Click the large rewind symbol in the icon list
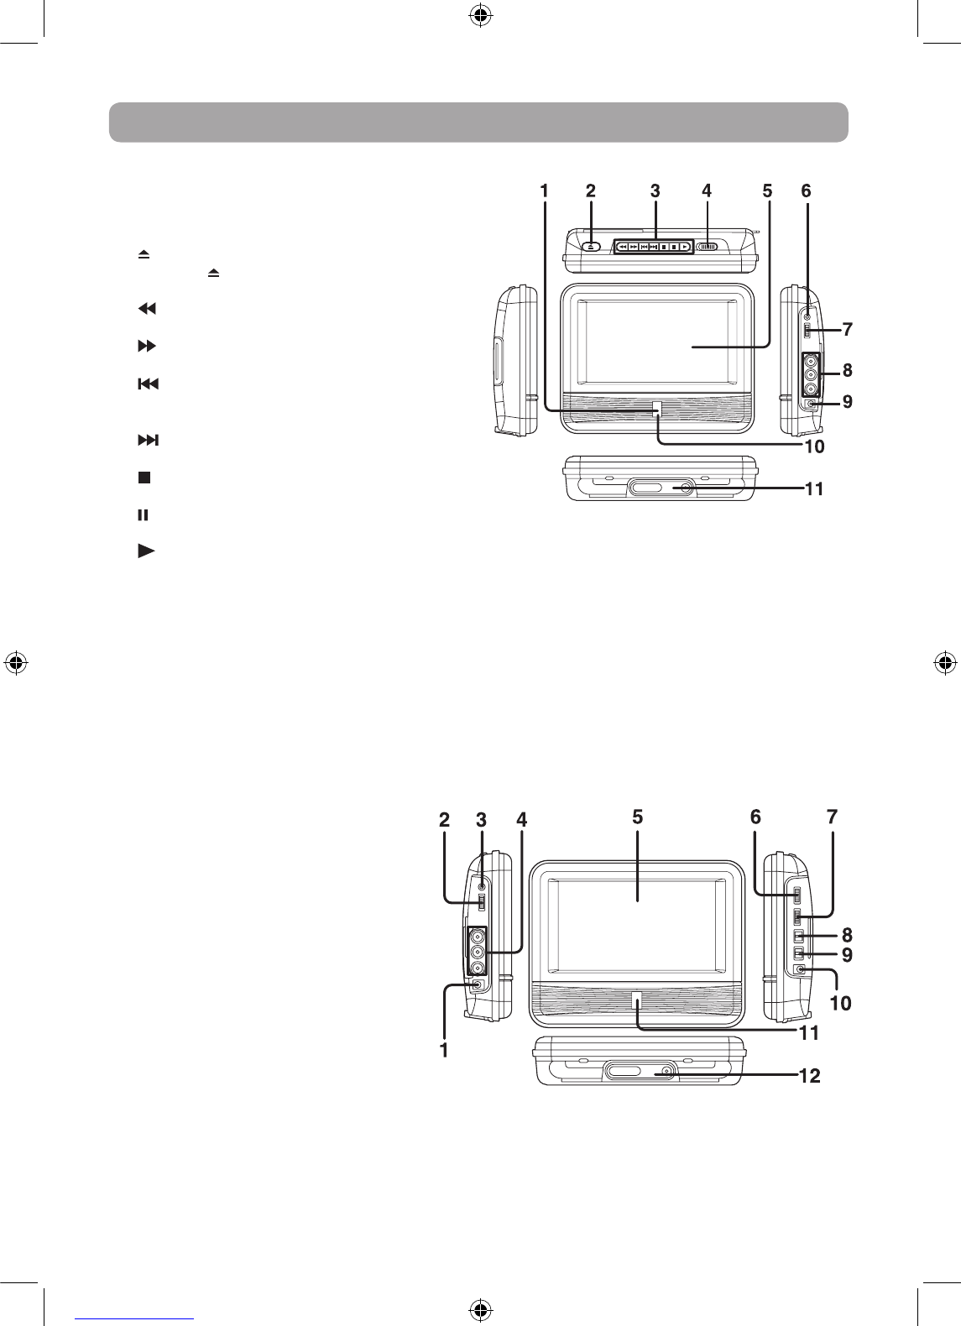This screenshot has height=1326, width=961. point(147,308)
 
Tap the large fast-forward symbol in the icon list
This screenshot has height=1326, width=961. point(147,346)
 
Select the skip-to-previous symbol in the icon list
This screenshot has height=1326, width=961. point(148,384)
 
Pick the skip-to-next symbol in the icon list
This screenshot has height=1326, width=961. point(148,440)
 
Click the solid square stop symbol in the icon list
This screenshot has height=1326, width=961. point(144,478)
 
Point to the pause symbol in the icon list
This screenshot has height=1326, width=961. point(143,515)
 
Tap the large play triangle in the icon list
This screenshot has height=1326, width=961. point(146,551)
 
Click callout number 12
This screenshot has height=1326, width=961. point(810,1076)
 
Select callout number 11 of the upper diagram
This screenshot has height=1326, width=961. point(815,489)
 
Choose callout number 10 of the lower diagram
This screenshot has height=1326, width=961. point(841,1003)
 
